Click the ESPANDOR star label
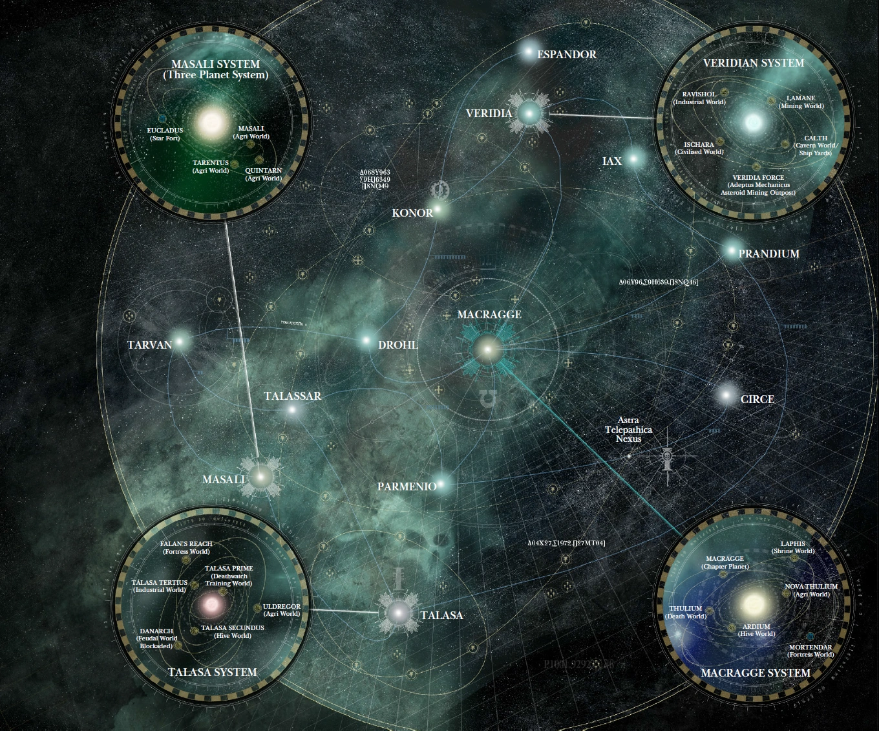(566, 54)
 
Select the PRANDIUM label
(768, 254)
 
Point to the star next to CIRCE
(726, 395)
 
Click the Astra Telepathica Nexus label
(628, 430)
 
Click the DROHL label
(398, 345)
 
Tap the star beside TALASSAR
(293, 410)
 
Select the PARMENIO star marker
(441, 484)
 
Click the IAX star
(635, 158)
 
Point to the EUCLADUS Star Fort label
(165, 134)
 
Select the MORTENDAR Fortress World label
(810, 650)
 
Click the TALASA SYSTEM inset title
(212, 672)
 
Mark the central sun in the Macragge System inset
(754, 604)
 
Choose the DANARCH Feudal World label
(156, 638)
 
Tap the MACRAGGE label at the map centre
(489, 315)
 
